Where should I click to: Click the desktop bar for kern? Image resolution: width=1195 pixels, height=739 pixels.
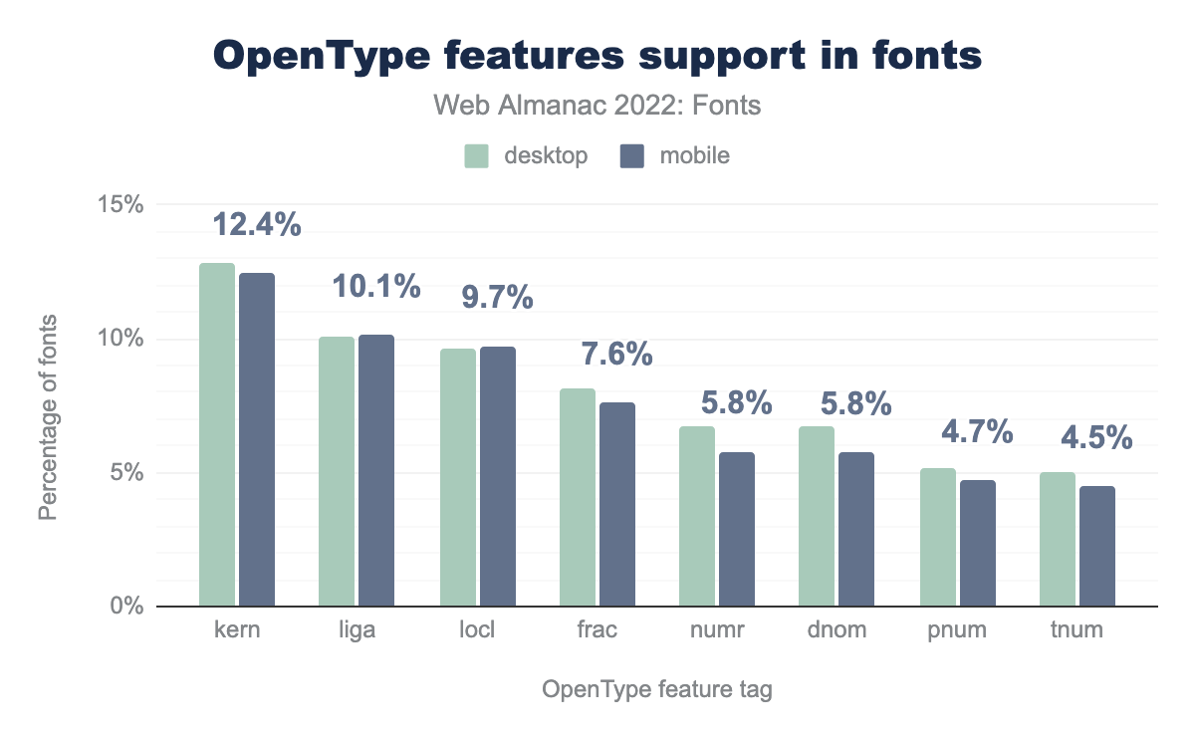[x=217, y=434]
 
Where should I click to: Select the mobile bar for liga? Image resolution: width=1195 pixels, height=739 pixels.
[x=376, y=470]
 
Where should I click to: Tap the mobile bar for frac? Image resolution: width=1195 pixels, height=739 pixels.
[x=616, y=504]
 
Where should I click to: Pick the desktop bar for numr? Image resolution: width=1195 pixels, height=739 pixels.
[x=697, y=516]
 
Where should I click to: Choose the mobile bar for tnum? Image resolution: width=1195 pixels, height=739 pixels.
[x=1096, y=546]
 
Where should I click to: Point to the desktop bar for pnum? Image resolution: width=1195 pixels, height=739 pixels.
[x=937, y=537]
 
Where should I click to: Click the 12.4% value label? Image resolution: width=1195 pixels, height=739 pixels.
[x=257, y=225]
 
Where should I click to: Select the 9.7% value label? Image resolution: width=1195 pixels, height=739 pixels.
[x=497, y=297]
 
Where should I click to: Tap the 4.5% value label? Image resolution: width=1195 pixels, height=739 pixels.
[x=1096, y=437]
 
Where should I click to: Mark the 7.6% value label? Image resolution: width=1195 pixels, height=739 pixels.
[x=616, y=354]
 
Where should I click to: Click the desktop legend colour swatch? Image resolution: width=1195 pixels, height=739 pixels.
[x=477, y=156]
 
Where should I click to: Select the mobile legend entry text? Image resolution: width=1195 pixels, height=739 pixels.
[x=694, y=156]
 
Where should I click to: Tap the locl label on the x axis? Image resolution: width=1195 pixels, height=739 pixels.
[x=478, y=630]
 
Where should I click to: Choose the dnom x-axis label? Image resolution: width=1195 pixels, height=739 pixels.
[x=836, y=630]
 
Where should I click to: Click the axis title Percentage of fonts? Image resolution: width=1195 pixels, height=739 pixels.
[x=48, y=416]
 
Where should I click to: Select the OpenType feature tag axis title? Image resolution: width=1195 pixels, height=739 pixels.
[x=657, y=689]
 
